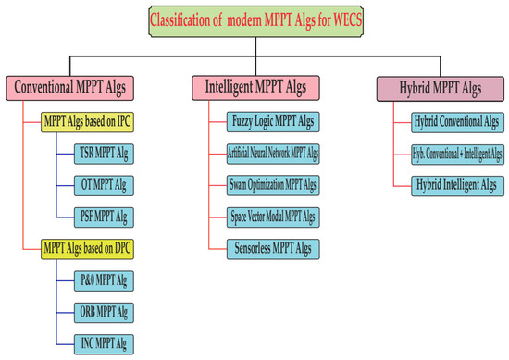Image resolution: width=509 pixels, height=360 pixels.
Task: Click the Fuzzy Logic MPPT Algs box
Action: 273,120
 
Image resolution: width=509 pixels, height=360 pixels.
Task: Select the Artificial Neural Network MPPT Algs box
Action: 273,152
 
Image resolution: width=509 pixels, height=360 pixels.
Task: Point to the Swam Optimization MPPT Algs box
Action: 273,183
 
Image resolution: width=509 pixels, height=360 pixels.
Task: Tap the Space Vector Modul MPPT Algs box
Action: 273,216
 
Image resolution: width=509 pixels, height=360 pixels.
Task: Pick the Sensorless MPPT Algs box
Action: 273,247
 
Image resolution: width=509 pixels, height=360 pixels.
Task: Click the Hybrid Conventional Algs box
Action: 456,120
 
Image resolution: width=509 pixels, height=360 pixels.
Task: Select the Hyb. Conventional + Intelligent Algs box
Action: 456,152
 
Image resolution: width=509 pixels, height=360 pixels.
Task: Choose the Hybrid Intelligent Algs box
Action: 456,183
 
